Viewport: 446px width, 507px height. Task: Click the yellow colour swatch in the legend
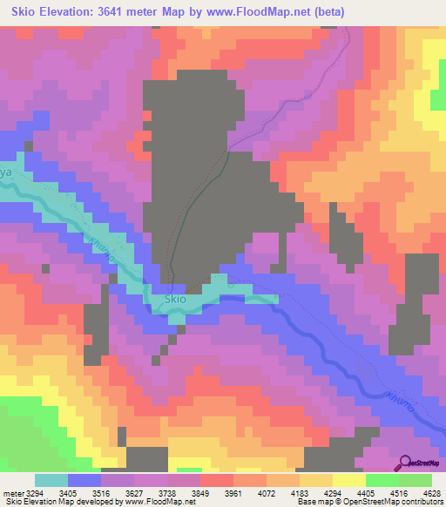(348, 480)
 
